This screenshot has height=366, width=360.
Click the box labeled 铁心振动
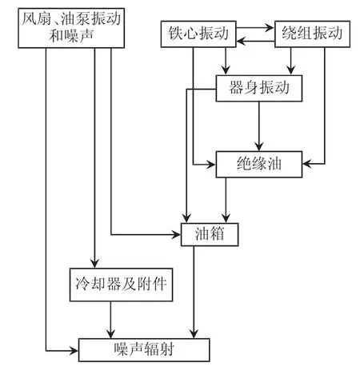(198, 34)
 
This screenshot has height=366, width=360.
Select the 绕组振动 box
(312, 34)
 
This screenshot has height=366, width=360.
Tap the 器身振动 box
(259, 88)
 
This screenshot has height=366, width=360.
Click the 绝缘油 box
(259, 164)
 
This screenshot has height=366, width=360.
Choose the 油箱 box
(210, 234)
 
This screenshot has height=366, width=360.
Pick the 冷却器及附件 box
(121, 284)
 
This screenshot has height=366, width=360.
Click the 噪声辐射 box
(144, 350)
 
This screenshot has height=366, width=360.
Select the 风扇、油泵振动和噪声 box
(71, 28)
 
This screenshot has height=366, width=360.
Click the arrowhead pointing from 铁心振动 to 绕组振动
(270, 27)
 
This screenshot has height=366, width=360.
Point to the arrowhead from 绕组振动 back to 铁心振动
(242, 42)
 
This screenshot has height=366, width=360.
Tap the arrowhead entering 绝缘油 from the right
(307, 164)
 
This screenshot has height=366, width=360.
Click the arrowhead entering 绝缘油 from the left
(211, 165)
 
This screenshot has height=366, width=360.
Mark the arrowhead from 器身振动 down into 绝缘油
(259, 146)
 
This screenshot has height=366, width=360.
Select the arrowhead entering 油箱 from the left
(176, 235)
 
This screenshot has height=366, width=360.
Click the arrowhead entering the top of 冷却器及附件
(94, 263)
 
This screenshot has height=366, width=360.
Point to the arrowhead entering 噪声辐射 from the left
(74, 351)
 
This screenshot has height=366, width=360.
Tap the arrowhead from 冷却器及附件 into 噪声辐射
(110, 333)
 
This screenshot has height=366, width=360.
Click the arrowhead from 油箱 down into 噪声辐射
(194, 333)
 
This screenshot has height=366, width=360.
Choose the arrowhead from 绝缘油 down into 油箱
(226, 218)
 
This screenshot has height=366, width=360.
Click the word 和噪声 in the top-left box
(71, 36)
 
